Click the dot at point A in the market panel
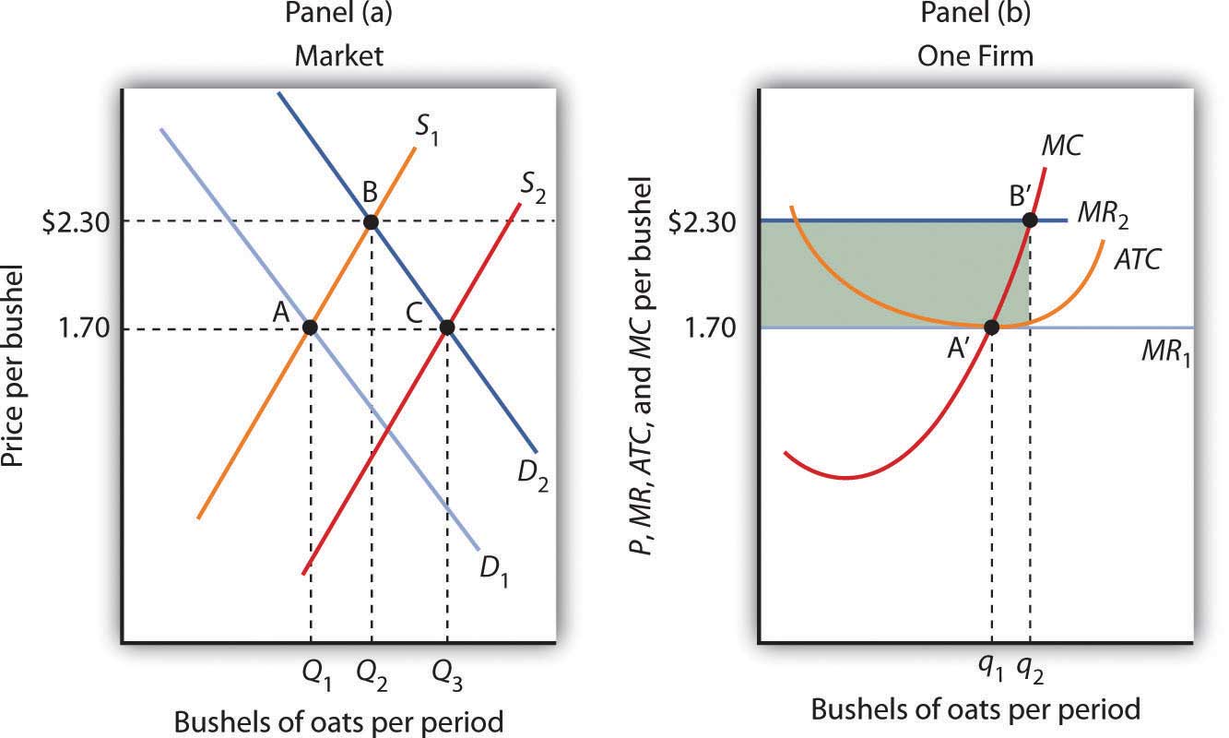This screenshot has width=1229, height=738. click(x=311, y=327)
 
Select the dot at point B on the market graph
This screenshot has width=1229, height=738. click(x=371, y=221)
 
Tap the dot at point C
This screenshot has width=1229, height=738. click(x=446, y=327)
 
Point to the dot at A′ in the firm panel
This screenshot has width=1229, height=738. click(x=992, y=327)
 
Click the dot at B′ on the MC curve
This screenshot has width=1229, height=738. click(x=1030, y=220)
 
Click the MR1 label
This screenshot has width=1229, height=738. click(x=1166, y=355)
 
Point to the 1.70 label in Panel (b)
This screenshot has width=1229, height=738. click(x=710, y=327)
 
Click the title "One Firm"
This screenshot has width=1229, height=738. click(x=975, y=55)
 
